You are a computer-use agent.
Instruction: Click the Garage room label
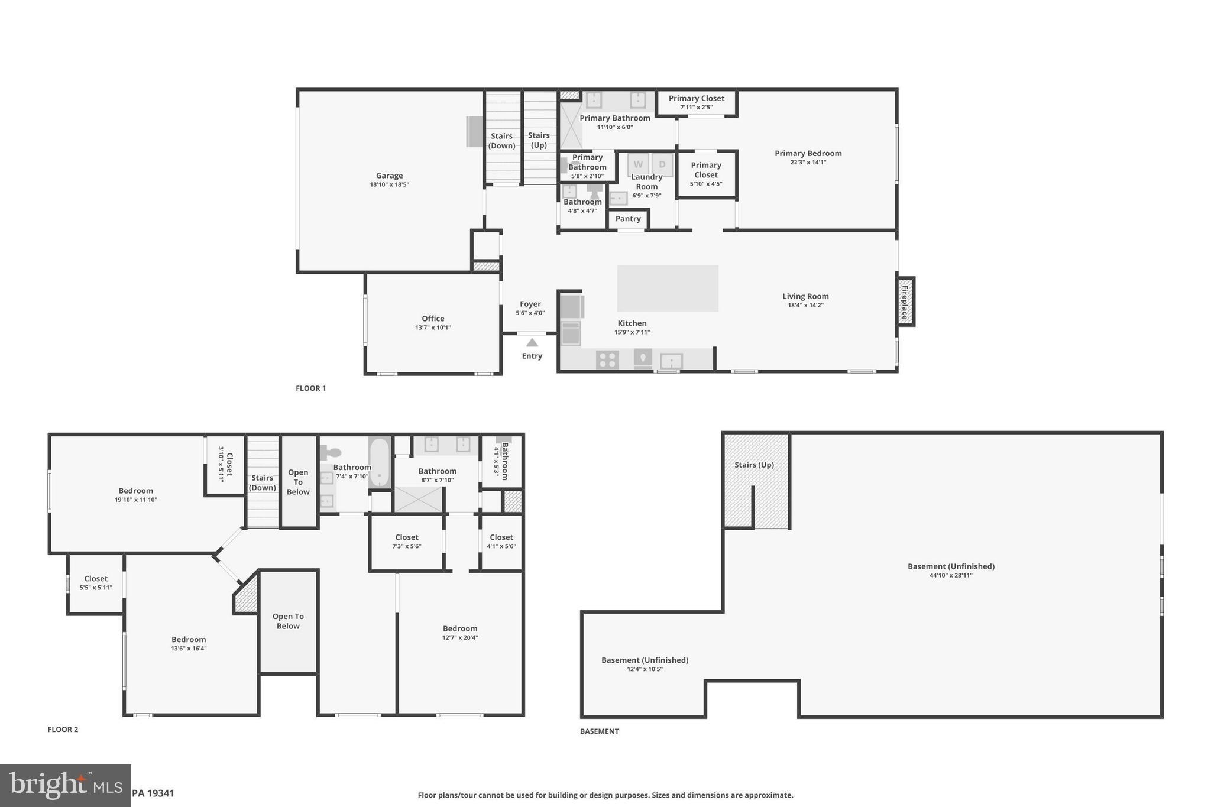pos(389,176)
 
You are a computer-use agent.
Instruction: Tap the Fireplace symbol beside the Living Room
pos(905,302)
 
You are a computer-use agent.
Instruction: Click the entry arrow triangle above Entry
pos(532,342)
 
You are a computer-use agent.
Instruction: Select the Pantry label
pos(628,219)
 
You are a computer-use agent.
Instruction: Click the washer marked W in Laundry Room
pos(638,164)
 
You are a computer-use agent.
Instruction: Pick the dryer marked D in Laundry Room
pos(662,164)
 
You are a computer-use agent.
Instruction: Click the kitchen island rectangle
pos(668,288)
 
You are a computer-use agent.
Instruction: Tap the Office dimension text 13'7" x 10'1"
pos(433,328)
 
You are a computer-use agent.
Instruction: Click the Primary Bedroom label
pos(808,153)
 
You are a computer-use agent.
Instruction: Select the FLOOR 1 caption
pos(310,388)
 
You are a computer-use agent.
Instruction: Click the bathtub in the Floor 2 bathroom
pos(379,462)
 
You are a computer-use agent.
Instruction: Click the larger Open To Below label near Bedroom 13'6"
pos(288,621)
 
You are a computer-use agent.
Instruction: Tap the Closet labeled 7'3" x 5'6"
pos(406,542)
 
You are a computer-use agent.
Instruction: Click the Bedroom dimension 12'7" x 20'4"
pos(460,637)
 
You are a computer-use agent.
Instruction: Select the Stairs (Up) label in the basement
pos(754,465)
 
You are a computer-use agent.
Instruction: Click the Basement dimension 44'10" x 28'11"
pos(951,575)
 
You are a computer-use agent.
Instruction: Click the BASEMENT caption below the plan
pos(599,731)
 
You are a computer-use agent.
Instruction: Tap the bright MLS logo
pos(65,785)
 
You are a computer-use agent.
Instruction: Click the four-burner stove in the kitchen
pos(607,359)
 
